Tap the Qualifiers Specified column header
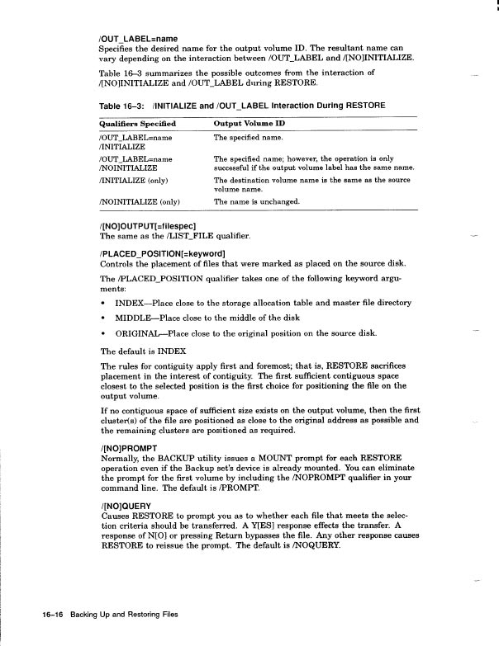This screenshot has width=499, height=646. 138,123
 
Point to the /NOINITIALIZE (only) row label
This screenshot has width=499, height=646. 140,201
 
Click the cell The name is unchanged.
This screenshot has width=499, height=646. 256,201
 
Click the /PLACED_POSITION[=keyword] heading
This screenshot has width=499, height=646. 162,252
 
